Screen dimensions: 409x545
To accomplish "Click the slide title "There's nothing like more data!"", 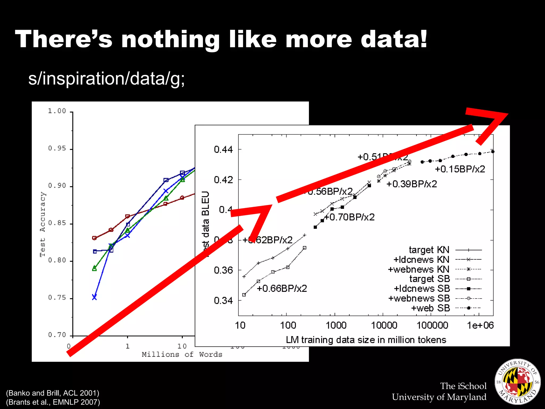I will click(x=221, y=39).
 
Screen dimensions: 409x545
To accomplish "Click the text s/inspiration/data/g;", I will click(x=106, y=79).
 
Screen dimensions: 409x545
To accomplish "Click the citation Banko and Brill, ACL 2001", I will click(x=52, y=393).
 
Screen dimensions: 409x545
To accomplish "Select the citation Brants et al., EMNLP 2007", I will click(x=53, y=402).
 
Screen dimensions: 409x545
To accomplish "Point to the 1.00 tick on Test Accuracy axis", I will click(x=57, y=111).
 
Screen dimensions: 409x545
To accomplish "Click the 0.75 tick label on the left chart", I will click(x=57, y=298).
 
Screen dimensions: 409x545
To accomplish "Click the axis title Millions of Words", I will click(x=182, y=354).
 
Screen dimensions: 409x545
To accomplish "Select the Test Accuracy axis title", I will click(x=43, y=224).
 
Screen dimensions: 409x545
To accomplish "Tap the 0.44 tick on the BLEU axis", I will click(x=223, y=150).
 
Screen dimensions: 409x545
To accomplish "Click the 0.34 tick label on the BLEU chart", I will click(x=223, y=301).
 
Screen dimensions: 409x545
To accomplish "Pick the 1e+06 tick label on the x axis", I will click(x=480, y=325).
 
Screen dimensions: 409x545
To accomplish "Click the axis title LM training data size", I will click(x=366, y=340).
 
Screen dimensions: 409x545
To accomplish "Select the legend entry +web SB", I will click(x=430, y=308).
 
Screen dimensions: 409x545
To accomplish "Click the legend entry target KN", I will click(x=429, y=250).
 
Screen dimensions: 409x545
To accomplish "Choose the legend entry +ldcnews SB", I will click(x=422, y=289).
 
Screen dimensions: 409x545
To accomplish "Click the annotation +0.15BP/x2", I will click(x=460, y=169).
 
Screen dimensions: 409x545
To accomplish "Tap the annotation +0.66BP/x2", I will click(x=282, y=288).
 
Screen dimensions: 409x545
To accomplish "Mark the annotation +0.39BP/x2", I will click(x=412, y=184).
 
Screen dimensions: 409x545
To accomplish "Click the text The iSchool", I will click(x=463, y=386).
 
